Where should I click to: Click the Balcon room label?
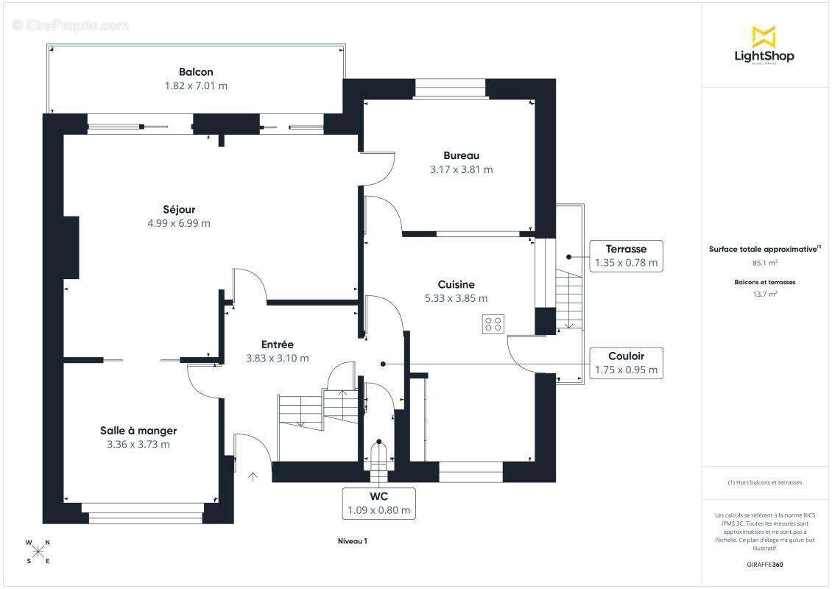pyautogui.click(x=196, y=72)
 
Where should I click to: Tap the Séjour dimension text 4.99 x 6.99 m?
pyautogui.click(x=179, y=223)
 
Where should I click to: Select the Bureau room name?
pyautogui.click(x=461, y=155)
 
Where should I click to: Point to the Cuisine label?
pyautogui.click(x=456, y=284)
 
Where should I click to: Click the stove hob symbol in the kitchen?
pyautogui.click(x=493, y=324)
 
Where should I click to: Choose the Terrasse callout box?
pyautogui.click(x=626, y=255)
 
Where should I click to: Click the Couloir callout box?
pyautogui.click(x=626, y=363)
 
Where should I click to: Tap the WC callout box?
pyautogui.click(x=379, y=503)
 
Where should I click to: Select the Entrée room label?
pyautogui.click(x=277, y=345)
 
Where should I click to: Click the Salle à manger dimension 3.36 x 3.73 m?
pyautogui.click(x=138, y=445)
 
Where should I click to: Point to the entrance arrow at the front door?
pyautogui.click(x=253, y=476)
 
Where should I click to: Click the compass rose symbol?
pyautogui.click(x=38, y=552)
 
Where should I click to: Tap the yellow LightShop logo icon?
pyautogui.click(x=764, y=37)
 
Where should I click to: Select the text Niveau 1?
pyautogui.click(x=353, y=541)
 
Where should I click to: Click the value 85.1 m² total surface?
pyautogui.click(x=764, y=263)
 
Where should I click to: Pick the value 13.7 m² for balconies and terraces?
pyautogui.click(x=764, y=294)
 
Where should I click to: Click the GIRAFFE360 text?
pyautogui.click(x=764, y=565)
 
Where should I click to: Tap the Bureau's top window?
pyautogui.click(x=450, y=88)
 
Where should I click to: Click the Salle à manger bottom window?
pyautogui.click(x=142, y=513)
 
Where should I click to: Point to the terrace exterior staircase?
pyautogui.click(x=569, y=299)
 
